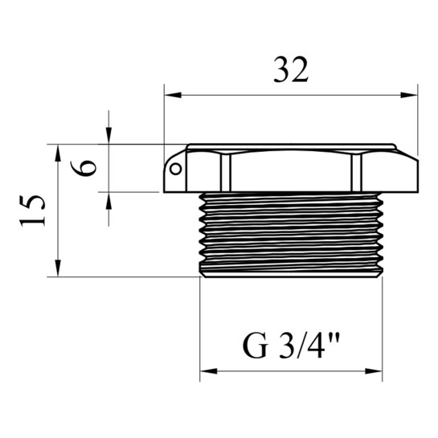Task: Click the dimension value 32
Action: click(291, 70)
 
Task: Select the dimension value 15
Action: click(32, 211)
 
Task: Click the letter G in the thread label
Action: click(256, 346)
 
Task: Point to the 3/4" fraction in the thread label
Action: click(309, 346)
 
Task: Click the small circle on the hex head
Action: click(176, 169)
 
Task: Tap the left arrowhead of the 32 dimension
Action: click(173, 95)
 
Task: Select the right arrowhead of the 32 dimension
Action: click(409, 95)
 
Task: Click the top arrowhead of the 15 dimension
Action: click(58, 153)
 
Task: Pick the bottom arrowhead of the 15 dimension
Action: click(58, 268)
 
